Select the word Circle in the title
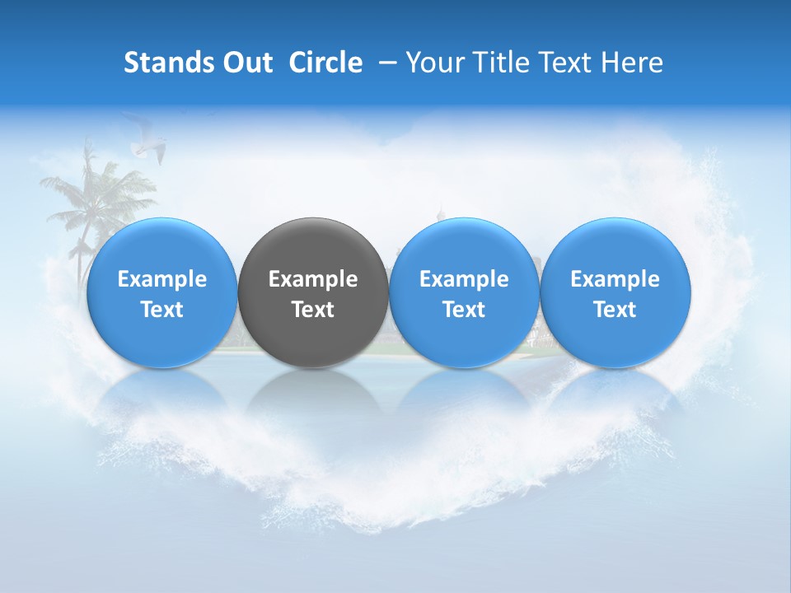325,63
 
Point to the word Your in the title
433,63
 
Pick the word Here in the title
633,63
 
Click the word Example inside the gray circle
313,279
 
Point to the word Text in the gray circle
313,310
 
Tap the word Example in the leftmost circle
162,279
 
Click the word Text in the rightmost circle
615,310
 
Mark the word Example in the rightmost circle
615,279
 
